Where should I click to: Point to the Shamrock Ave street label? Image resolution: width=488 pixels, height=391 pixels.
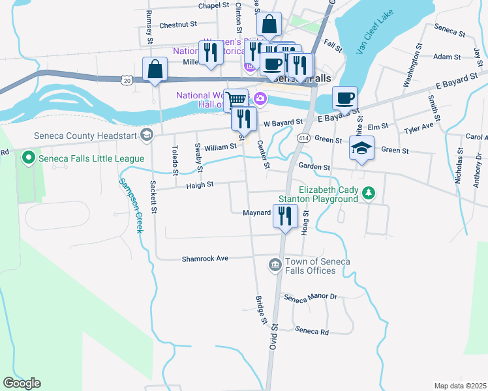(x=205, y=259)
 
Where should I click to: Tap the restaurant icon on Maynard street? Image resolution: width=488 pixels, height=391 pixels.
(x=284, y=216)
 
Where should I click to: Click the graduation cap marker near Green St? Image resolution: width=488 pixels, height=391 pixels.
(x=361, y=148)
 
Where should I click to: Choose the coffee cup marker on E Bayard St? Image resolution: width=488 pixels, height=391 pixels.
(x=344, y=98)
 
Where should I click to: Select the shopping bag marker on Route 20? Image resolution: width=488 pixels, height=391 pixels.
(x=155, y=69)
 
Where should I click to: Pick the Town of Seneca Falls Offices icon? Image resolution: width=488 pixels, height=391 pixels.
(x=275, y=265)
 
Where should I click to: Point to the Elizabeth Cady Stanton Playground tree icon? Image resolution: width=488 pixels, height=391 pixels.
(x=369, y=193)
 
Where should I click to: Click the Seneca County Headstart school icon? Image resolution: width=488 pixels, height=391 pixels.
(x=147, y=136)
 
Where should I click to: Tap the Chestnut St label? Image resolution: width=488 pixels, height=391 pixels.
(x=178, y=25)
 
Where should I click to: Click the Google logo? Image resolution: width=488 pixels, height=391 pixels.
(x=22, y=383)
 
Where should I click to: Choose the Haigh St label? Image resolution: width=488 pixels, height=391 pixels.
(x=201, y=185)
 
